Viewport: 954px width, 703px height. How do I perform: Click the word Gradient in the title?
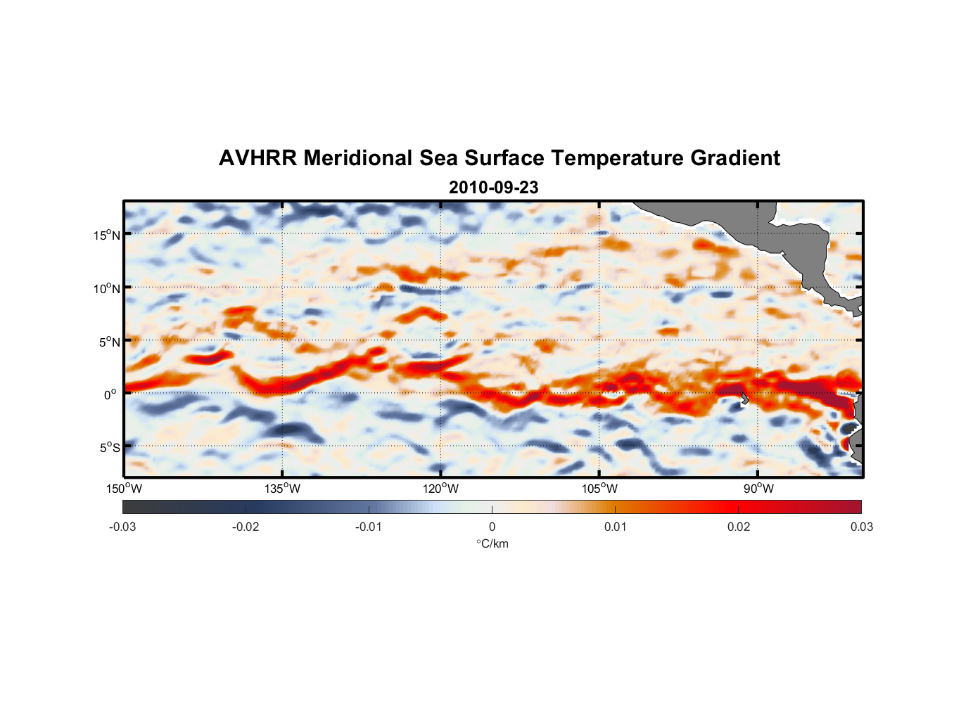[735, 158]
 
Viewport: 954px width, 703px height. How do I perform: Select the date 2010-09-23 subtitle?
[493, 188]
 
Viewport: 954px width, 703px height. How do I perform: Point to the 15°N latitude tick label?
[107, 235]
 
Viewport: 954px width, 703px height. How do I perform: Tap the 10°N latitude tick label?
[107, 288]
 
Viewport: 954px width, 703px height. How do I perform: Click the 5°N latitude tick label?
[109, 342]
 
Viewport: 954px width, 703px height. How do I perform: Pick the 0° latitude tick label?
[110, 394]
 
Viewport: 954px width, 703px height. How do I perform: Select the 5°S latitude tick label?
[109, 447]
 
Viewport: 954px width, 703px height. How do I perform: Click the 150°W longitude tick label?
[125, 489]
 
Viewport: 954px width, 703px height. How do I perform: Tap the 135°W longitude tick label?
[283, 489]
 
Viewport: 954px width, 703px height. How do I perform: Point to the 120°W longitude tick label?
[441, 489]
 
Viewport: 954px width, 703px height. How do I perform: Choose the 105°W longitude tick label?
[599, 489]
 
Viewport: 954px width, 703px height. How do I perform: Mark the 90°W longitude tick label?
[758, 489]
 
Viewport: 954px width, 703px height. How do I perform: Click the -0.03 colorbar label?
[122, 527]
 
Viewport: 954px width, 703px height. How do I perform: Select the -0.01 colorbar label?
[369, 527]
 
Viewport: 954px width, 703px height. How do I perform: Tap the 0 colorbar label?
[492, 527]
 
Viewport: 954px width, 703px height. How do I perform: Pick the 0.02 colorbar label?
[739, 527]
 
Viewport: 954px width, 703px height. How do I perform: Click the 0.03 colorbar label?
[861, 527]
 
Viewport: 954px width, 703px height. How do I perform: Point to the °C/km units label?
[492, 543]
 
